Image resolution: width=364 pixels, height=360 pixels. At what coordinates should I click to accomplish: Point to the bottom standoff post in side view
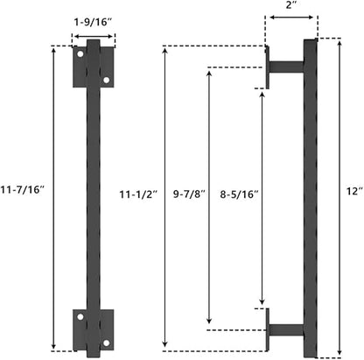[x=286, y=330]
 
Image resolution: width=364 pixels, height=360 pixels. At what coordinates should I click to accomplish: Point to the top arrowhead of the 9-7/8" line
[x=208, y=70]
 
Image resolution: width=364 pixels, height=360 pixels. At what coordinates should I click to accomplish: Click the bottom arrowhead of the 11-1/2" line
[x=165, y=346]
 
